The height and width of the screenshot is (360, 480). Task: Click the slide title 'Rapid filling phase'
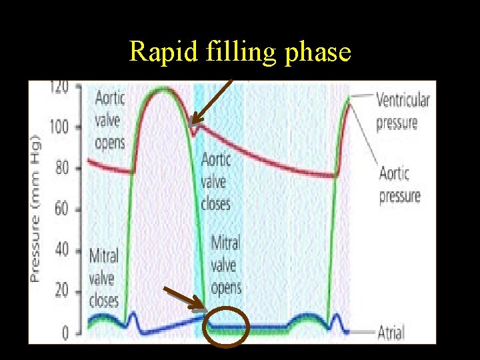(x=240, y=51)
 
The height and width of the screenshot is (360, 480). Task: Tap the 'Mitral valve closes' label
(x=104, y=277)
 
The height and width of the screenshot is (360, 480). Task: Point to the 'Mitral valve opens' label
(x=225, y=265)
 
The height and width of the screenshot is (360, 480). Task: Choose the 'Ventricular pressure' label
(x=403, y=111)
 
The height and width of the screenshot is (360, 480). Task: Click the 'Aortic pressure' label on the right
(x=399, y=185)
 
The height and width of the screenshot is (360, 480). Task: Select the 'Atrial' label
(x=390, y=332)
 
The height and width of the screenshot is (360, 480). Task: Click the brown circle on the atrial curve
(x=226, y=327)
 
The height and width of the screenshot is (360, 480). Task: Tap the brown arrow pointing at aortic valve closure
(x=210, y=103)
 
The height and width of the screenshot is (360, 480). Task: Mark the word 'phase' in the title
(x=317, y=51)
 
